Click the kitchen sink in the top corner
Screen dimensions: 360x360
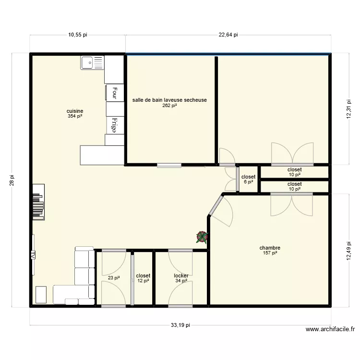coord(92,62)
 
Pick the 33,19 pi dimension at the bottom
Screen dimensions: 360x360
coord(180,325)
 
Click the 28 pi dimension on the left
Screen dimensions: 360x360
coord(13,180)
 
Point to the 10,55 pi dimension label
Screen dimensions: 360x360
coord(77,35)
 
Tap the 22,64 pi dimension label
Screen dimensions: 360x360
coord(228,35)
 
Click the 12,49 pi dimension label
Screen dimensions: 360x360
coord(349,250)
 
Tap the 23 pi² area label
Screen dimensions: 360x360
coord(113,277)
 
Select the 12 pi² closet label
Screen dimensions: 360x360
coord(143,278)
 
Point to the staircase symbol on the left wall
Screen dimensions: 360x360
coord(38,203)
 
